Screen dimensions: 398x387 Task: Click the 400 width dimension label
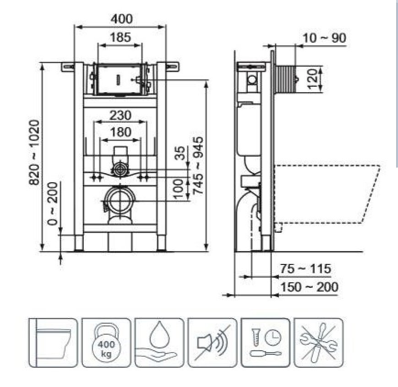121,19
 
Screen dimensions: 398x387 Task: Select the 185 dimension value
120,37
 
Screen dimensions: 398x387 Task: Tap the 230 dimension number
120,115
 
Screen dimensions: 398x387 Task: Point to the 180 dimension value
120,132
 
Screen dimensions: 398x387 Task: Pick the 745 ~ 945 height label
198,166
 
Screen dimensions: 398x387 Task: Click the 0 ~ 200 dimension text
53,203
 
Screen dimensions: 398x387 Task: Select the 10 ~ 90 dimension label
324,38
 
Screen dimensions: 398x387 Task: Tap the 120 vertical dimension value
313,79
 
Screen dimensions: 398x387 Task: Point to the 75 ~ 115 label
305,269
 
